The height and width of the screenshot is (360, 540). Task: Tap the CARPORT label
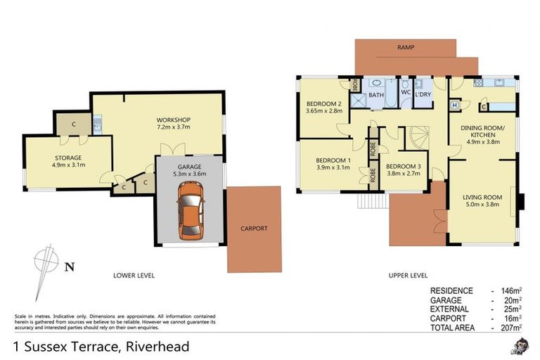tap(254, 229)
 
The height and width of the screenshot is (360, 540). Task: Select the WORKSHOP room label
tap(174, 120)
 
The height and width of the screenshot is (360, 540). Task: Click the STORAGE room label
tap(67, 157)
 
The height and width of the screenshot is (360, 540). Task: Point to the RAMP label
tap(405, 48)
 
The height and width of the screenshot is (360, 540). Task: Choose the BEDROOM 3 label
tap(404, 167)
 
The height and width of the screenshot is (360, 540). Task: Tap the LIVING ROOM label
tap(482, 198)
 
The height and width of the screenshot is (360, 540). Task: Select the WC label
tap(405, 92)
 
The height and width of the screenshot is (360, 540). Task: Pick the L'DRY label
tap(423, 94)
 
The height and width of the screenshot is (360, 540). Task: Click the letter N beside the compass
tap(68, 266)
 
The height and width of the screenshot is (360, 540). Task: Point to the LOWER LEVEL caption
tap(134, 275)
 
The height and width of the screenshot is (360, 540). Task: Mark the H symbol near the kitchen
tap(455, 105)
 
